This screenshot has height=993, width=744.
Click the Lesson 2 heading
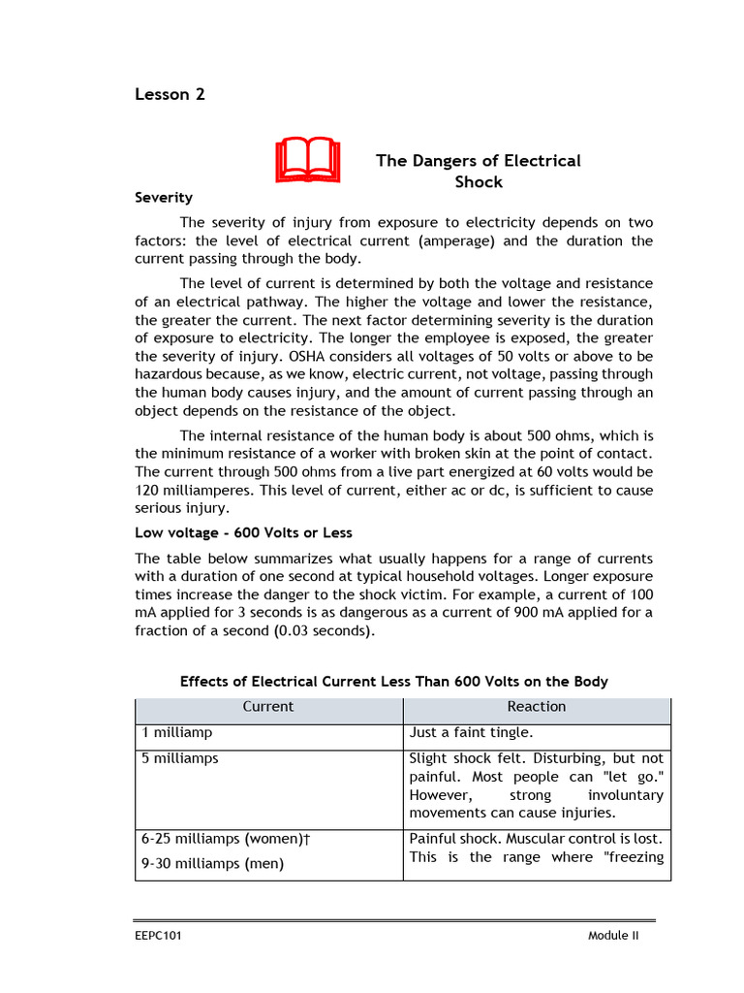170,94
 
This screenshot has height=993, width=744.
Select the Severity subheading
163,197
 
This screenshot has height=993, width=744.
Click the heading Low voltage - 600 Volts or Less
243,532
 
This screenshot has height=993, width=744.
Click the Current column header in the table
268,707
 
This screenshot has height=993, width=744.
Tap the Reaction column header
536,707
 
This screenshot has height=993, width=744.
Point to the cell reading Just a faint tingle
472,733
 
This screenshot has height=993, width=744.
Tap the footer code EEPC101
158,936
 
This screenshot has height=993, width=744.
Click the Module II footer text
613,936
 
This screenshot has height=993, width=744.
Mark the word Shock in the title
479,181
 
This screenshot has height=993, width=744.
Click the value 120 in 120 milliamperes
148,490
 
